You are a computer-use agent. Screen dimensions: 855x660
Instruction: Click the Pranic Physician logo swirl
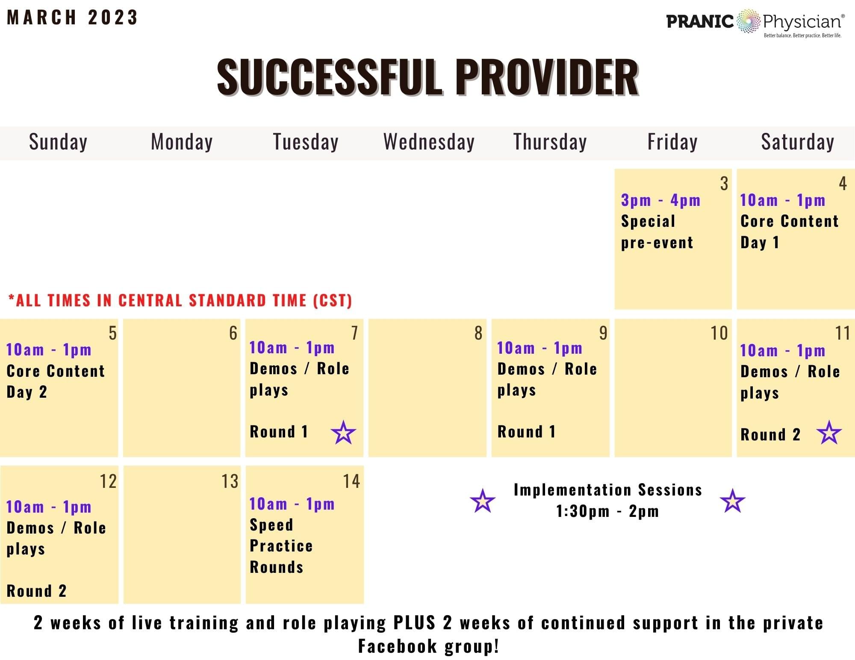click(748, 21)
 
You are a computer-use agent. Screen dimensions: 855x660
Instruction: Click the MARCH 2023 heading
click(72, 18)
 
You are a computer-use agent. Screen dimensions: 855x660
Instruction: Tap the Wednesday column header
click(429, 142)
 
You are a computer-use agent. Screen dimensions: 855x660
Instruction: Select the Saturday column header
click(797, 142)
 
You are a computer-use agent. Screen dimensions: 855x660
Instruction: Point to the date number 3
click(724, 184)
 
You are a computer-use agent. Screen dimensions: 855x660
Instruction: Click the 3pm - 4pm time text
click(660, 200)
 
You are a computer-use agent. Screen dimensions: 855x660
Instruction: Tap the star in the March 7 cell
click(343, 432)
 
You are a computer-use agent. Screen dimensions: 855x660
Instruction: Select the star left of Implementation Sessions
click(483, 501)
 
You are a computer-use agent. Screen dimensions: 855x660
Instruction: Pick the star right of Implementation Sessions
click(732, 501)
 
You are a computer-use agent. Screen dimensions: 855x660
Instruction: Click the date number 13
click(230, 481)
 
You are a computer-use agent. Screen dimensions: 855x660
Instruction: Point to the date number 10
click(719, 333)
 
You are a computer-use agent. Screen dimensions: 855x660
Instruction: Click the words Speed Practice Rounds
click(281, 546)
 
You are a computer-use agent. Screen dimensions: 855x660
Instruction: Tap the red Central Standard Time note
click(180, 300)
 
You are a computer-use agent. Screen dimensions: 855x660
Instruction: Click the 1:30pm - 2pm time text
click(607, 511)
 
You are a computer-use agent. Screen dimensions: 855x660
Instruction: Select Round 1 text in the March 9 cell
click(526, 431)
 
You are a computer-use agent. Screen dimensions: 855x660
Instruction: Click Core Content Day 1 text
click(789, 232)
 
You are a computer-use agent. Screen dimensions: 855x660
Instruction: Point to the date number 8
click(478, 333)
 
